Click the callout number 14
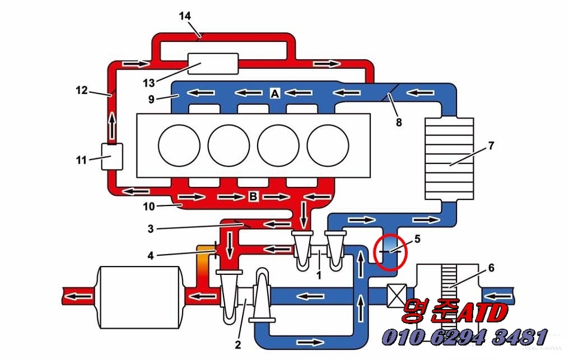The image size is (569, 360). pyautogui.click(x=185, y=16)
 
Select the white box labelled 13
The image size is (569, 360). pyautogui.click(x=213, y=63)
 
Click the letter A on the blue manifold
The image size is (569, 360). pyautogui.click(x=275, y=93)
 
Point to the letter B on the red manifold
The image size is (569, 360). pyautogui.click(x=253, y=197)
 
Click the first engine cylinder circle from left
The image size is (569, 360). pyautogui.click(x=179, y=146)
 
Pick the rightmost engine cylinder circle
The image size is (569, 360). pyautogui.click(x=328, y=146)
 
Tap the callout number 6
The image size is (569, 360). pyautogui.click(x=491, y=268)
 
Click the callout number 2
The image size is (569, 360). pyautogui.click(x=238, y=344)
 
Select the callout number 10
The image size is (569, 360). pyautogui.click(x=148, y=207)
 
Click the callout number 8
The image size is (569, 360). pyautogui.click(x=398, y=122)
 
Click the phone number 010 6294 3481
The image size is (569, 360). pyautogui.click(x=465, y=337)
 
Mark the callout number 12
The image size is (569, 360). pyautogui.click(x=81, y=90)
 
